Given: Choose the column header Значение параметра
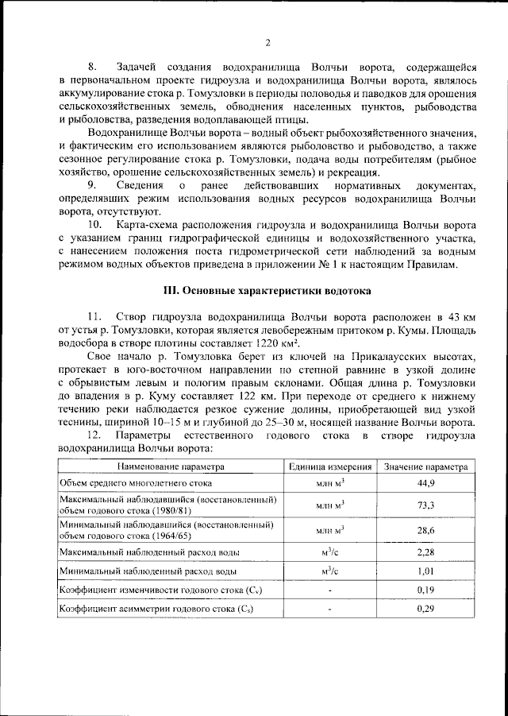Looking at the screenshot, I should (426, 466).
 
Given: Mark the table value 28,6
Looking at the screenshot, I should (426, 530).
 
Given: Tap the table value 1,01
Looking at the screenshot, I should (426, 571).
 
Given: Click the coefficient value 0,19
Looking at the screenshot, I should (426, 590).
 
